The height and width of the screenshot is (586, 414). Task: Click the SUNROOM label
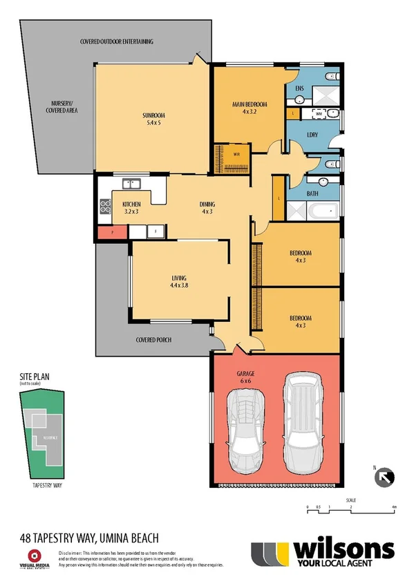pos(153,115)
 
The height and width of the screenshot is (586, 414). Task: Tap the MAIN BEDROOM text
pos(250,104)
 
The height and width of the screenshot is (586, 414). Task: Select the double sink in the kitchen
pos(131,184)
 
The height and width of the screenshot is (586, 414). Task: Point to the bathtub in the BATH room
pos(321,210)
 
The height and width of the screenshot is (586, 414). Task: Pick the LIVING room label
pos(179,278)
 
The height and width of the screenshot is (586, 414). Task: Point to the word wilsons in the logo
pos(344,550)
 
